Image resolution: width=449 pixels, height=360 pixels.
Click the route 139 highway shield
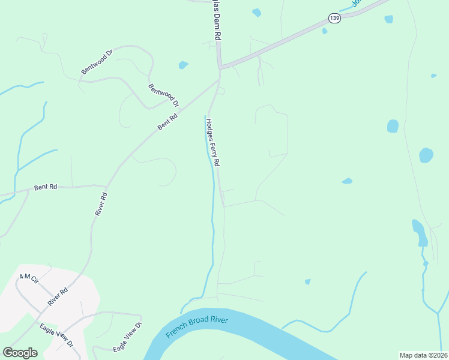(x=335, y=19)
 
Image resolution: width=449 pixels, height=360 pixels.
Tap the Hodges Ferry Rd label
(x=213, y=142)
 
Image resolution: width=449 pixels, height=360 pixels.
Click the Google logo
(x=20, y=353)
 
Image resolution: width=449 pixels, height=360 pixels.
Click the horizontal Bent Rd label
(x=46, y=187)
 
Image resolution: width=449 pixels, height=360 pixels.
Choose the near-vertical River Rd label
(x=101, y=204)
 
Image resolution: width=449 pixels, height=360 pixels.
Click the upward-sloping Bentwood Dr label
(x=97, y=62)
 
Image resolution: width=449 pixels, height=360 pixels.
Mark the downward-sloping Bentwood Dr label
(x=163, y=95)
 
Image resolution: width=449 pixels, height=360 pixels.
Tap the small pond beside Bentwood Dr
(x=183, y=65)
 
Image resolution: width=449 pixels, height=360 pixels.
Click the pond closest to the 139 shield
(x=325, y=31)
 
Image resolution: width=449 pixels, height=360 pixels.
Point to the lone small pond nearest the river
(x=308, y=281)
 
